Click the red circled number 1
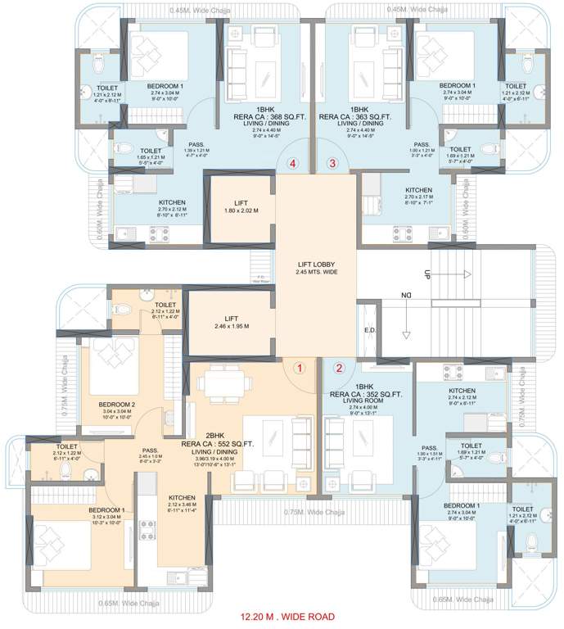(300, 368)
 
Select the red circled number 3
(332, 164)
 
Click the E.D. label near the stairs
(369, 333)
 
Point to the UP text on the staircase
(426, 274)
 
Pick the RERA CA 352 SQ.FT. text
(368, 393)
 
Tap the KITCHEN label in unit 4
(172, 202)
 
